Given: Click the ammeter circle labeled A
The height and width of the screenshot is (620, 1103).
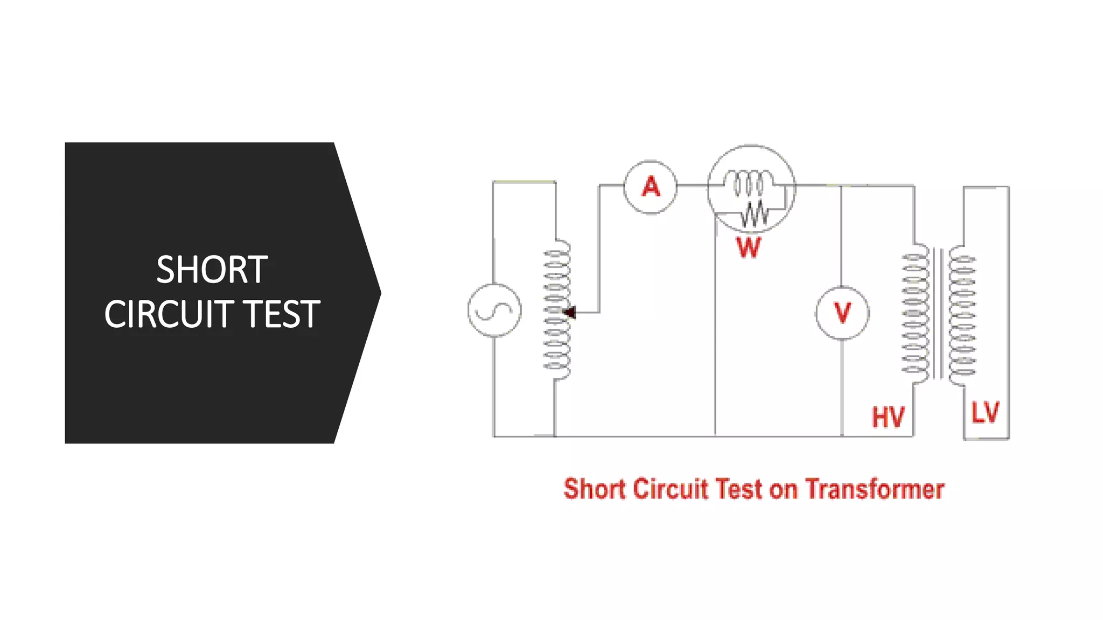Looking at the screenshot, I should point(651,187).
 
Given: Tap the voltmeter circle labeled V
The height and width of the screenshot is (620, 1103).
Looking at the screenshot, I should point(842,313).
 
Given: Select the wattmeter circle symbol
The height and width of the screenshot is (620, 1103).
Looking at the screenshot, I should point(751,188).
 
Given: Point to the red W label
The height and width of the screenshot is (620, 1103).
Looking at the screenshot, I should point(749,248).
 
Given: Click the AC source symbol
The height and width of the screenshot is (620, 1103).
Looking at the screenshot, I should point(494,311).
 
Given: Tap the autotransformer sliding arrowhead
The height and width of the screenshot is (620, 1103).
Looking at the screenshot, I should point(569,312).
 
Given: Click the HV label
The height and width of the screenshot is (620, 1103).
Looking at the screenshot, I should point(888,417).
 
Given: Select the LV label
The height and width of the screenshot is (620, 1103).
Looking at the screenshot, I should point(985,413).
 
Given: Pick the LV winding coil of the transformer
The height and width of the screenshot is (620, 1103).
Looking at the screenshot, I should point(962,315).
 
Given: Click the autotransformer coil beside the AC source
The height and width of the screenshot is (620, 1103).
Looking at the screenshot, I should point(557,309).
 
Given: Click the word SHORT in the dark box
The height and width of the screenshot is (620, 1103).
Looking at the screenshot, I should point(212,270).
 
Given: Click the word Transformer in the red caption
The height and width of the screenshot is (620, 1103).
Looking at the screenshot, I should point(875,489).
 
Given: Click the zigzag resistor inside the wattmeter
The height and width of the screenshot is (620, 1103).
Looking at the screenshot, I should point(755,214).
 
